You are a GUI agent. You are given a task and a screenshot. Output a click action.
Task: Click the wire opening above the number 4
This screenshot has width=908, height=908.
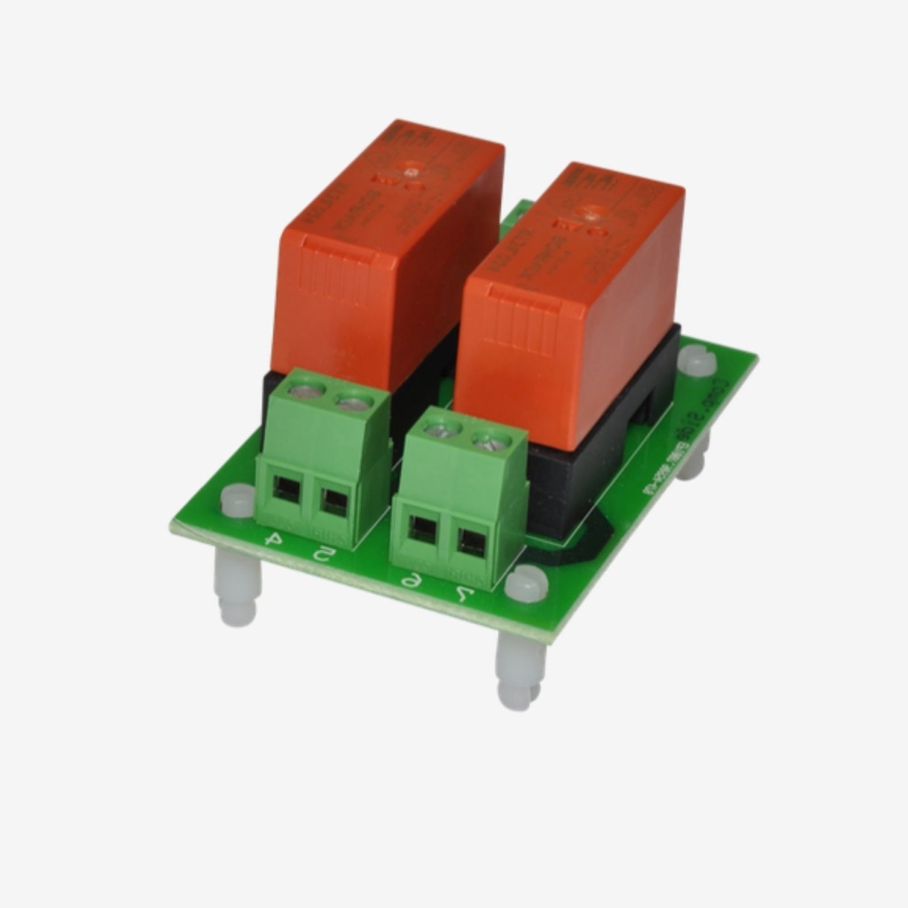[x=286, y=488]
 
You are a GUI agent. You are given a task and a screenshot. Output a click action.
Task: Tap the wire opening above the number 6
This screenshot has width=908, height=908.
[x=423, y=529]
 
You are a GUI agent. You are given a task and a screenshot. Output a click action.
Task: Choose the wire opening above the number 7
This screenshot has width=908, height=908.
[x=471, y=543]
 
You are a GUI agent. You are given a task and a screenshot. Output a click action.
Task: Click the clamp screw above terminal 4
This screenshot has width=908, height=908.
[x=307, y=387]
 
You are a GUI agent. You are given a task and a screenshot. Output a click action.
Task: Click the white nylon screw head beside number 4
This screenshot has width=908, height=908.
[x=238, y=500]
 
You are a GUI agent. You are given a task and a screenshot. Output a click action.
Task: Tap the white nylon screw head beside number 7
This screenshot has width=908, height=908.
[x=525, y=584]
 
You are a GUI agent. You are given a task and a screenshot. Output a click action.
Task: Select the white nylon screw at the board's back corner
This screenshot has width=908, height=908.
[x=698, y=361]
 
